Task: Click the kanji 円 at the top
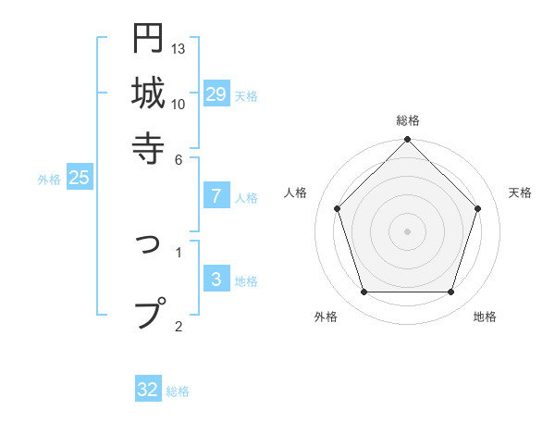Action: click(148, 40)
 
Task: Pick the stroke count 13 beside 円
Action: click(179, 48)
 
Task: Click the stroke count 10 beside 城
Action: click(179, 104)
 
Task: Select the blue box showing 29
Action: click(216, 93)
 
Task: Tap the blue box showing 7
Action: click(216, 195)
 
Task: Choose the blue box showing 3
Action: click(216, 280)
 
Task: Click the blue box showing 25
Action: click(79, 178)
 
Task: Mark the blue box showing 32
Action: click(148, 390)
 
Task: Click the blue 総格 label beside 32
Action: click(178, 391)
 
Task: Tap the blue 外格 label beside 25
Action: click(49, 180)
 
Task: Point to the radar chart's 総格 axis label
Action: click(407, 120)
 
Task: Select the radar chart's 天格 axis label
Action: click(521, 193)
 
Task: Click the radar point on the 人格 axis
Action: click(337, 208)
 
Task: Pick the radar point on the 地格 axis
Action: click(450, 292)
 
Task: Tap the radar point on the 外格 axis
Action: click(364, 292)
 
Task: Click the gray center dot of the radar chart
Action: click(407, 231)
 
